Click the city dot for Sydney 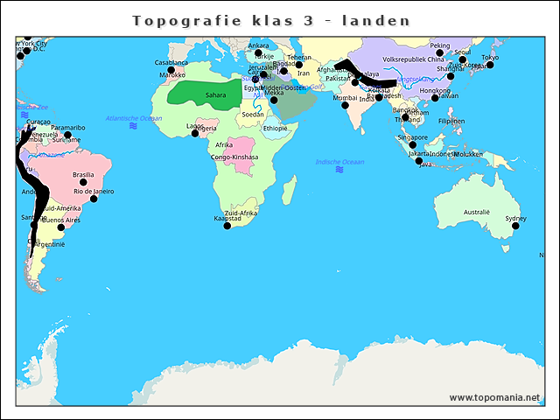click(x=515, y=226)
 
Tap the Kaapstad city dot click(x=227, y=226)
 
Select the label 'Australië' click(x=477, y=212)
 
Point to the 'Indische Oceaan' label click(x=339, y=162)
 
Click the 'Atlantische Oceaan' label click(x=133, y=118)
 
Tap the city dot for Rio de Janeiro click(x=94, y=199)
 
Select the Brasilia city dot click(x=84, y=182)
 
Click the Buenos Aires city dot click(x=60, y=227)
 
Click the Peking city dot click(x=440, y=52)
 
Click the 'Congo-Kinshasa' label click(x=234, y=157)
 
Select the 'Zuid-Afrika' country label click(x=241, y=213)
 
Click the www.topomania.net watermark click(x=494, y=397)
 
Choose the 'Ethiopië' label click(x=275, y=128)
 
